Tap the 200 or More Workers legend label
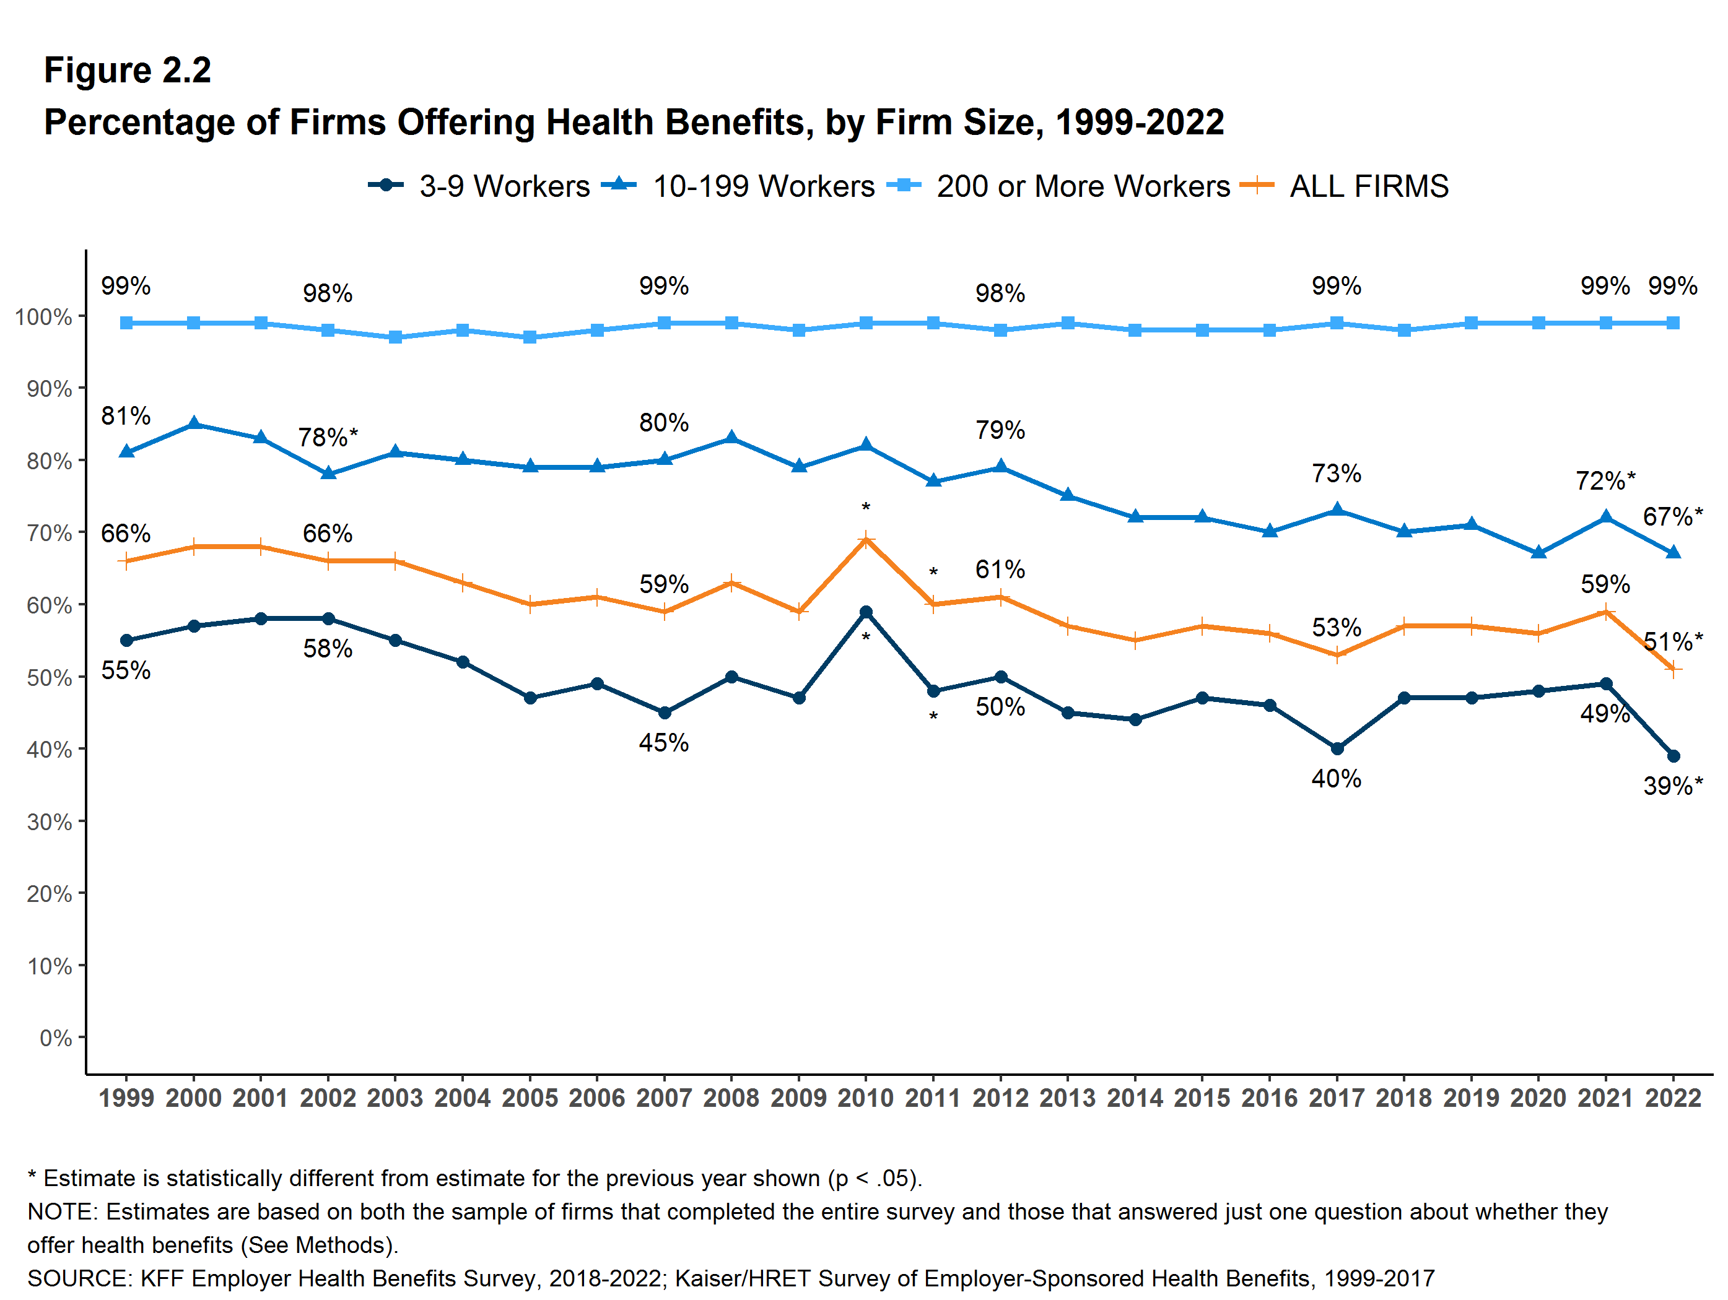pos(1083,186)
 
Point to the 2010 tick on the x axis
pos(866,1098)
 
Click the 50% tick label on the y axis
pos(49,677)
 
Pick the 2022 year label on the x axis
pos(1672,1098)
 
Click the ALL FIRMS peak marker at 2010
pos(866,540)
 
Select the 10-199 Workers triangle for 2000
pos(194,424)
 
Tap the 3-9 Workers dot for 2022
pos(1672,756)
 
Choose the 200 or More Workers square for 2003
pos(395,337)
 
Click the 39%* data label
pos(1672,786)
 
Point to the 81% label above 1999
pos(126,415)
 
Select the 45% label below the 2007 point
pos(663,742)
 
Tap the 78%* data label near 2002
pos(327,437)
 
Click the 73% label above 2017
pos(1336,473)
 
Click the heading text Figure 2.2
pos(128,71)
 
